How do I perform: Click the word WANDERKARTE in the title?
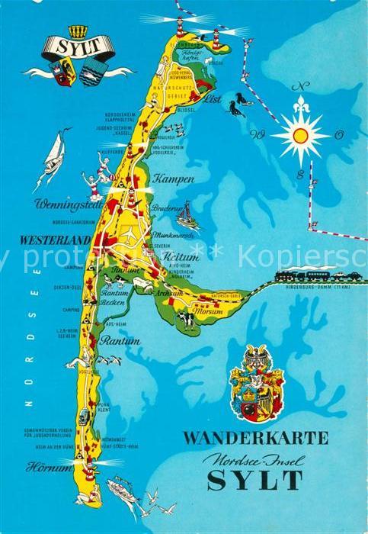click(255, 438)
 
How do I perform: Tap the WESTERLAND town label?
click(56, 240)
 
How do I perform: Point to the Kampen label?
click(174, 179)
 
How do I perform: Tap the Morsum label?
click(207, 311)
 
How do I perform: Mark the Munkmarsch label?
click(172, 235)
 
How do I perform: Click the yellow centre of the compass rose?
click(301, 135)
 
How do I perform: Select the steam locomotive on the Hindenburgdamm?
click(290, 275)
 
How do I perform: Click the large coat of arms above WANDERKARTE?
click(257, 382)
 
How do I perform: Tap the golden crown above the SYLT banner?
click(78, 31)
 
